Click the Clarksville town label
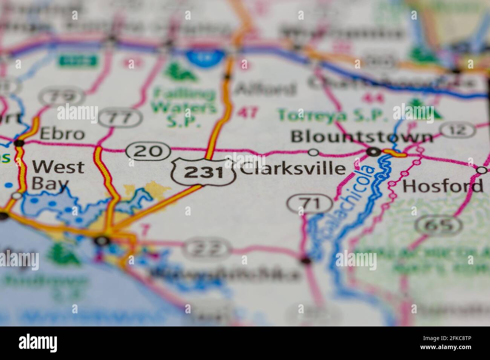[x=292, y=169]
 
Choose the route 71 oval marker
[x=309, y=204]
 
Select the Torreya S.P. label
[x=332, y=115]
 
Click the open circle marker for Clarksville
[x=314, y=153]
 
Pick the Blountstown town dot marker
[x=374, y=152]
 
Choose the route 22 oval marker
[x=207, y=247]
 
